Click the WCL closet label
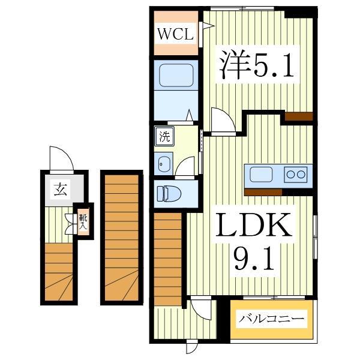click(175, 34)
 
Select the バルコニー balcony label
click(274, 319)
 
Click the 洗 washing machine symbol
click(164, 136)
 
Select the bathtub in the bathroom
click(175, 76)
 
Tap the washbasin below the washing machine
click(163, 163)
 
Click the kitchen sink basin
click(261, 175)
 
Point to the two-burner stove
click(295, 175)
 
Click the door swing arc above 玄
click(62, 158)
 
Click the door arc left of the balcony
click(202, 310)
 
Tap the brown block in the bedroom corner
click(299, 117)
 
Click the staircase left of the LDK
click(168, 258)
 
